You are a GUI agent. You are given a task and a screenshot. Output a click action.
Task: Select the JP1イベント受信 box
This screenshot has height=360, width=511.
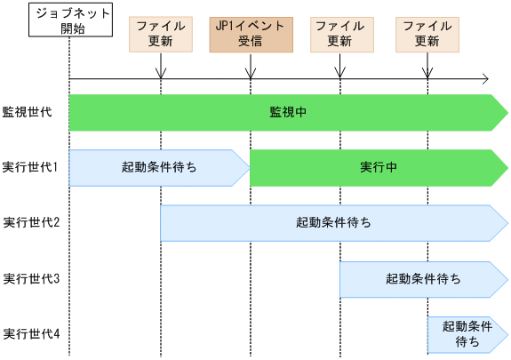pos(250,33)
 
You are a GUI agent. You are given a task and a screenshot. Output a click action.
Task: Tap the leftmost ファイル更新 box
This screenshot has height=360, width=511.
pos(161,33)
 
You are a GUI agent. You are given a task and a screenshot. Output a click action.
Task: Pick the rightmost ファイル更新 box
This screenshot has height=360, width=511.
pos(427,33)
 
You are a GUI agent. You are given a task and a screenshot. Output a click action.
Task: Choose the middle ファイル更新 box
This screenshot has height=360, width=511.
pos(339,33)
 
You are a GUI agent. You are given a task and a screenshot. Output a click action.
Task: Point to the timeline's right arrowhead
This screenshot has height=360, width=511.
pos(484,78)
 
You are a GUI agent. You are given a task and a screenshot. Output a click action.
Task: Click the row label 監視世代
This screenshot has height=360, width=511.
pos(28,112)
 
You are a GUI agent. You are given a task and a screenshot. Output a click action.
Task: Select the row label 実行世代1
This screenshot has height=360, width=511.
pos(31,167)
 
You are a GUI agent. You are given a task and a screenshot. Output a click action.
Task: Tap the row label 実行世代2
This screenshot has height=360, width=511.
pos(31,222)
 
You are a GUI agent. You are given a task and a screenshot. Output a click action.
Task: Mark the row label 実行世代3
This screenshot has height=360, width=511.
pos(31,278)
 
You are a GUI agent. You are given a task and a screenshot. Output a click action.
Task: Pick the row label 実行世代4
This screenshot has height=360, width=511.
pos(31,334)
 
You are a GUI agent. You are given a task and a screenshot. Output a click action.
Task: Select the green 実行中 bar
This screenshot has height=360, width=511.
pos(378,167)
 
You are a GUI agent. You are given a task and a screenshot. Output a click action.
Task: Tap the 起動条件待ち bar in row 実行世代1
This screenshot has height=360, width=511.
pos(159,167)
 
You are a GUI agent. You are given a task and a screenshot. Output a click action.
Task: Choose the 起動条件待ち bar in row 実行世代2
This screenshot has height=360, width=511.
pos(333,222)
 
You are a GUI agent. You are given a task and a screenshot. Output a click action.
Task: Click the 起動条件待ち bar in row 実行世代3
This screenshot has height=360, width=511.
pos(423,278)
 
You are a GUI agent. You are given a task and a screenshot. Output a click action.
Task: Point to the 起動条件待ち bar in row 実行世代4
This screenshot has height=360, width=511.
pos(467,334)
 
